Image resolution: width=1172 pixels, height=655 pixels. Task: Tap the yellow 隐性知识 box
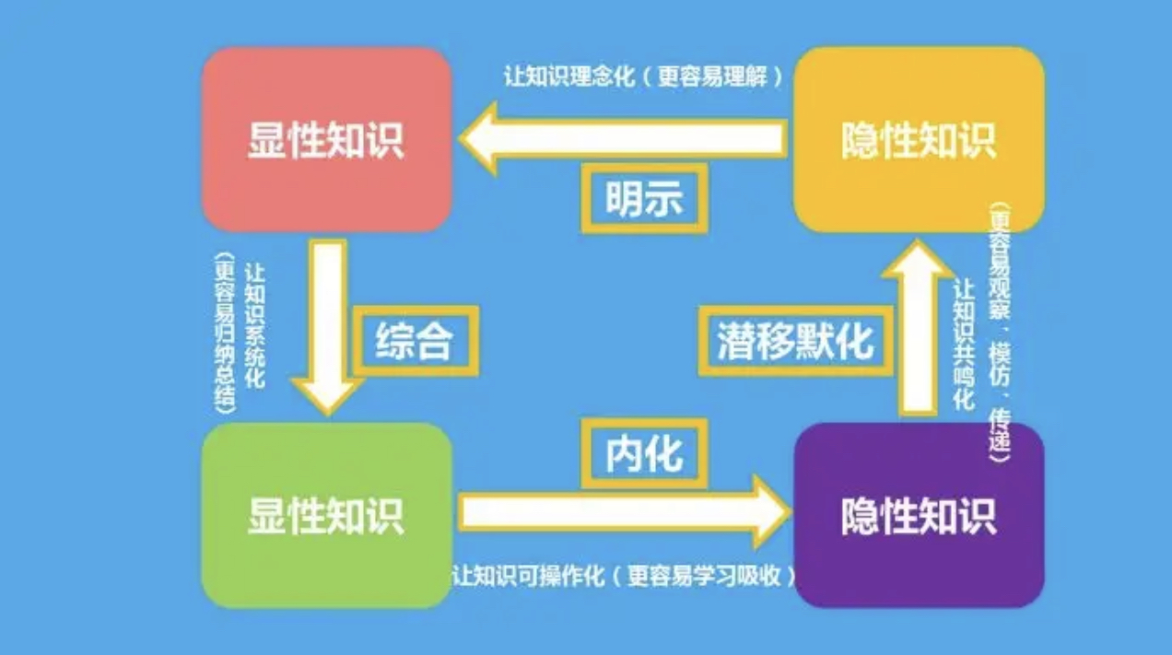[919, 138]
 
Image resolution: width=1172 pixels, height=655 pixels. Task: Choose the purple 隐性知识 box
[919, 515]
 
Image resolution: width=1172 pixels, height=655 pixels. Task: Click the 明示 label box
[644, 197]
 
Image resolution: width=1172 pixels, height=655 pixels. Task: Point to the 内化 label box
[644, 453]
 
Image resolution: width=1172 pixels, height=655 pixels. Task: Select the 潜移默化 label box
[794, 343]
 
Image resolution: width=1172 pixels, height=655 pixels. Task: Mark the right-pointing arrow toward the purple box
[627, 512]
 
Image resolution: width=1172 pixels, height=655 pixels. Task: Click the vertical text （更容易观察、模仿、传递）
[998, 332]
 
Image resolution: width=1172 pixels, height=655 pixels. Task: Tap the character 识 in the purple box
[979, 516]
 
